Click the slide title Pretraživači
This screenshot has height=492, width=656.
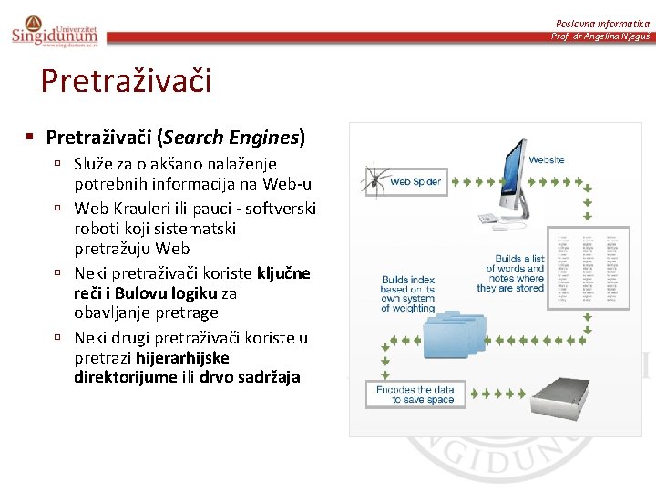[x=126, y=81]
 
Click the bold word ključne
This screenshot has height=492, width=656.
[x=283, y=273]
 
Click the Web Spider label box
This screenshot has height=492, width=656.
[x=415, y=181]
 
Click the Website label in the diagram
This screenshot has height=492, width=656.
[x=547, y=159]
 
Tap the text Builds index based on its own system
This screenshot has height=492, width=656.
[x=407, y=293]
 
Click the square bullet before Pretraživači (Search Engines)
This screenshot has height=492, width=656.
[x=30, y=138]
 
